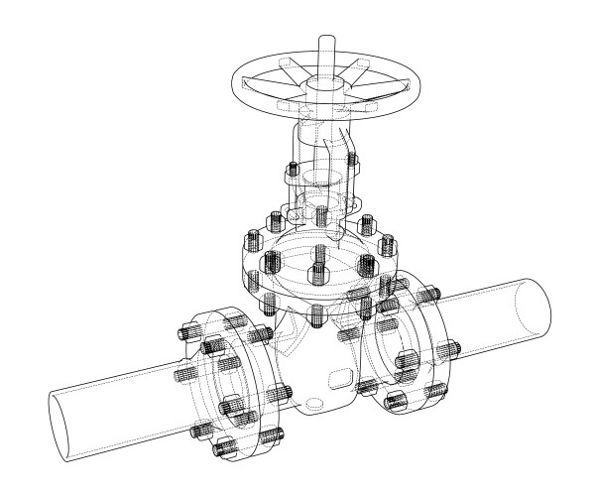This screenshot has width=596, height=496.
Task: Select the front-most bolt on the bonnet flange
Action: tap(316, 315)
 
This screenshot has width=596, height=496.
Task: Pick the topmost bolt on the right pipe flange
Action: tap(429, 295)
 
